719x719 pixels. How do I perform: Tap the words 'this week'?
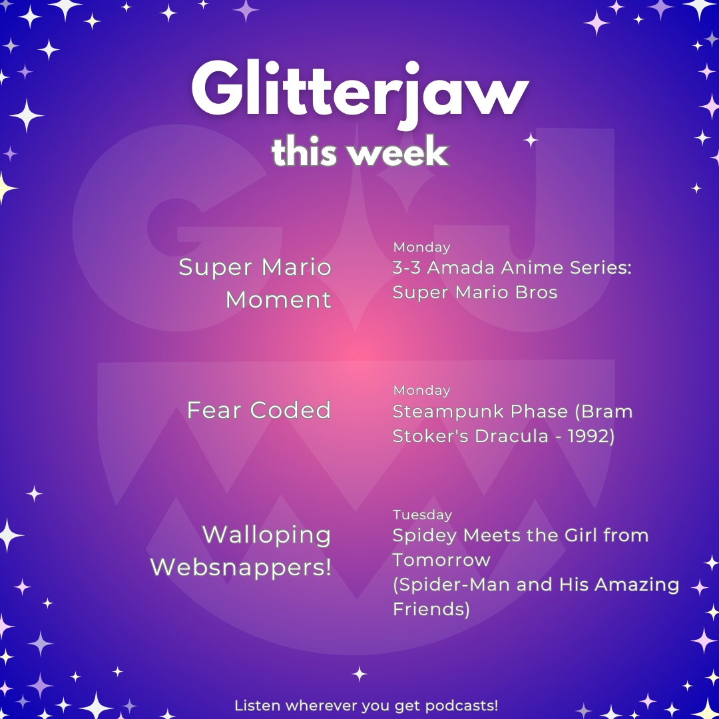[x=360, y=152]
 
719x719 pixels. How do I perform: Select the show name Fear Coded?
[x=258, y=410]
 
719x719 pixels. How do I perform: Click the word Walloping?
[x=266, y=535]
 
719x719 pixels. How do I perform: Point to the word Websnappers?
[x=241, y=567]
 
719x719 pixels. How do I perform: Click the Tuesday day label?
[x=422, y=515]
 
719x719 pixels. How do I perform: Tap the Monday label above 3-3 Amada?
[x=421, y=247]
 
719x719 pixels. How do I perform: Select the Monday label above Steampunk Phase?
[x=421, y=390]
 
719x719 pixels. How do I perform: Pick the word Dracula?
[x=512, y=436]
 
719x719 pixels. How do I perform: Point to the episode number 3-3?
[x=406, y=268]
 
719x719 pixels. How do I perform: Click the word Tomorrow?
[x=441, y=560]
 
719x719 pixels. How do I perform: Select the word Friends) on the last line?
[x=431, y=609]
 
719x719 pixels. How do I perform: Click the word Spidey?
[x=425, y=536]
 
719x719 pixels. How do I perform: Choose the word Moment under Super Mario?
[x=278, y=300]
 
